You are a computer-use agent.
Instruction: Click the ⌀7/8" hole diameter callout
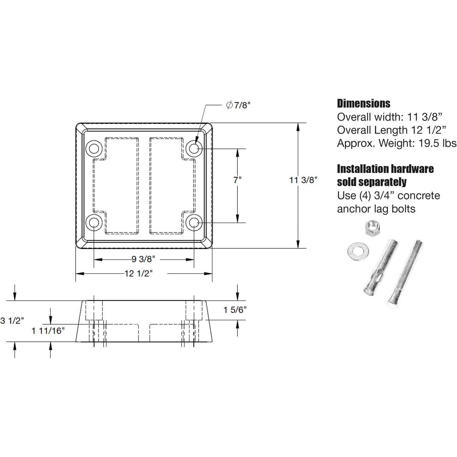tap(238, 105)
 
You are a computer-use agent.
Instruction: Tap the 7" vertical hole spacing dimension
tap(237, 180)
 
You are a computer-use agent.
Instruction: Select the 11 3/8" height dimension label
tap(303, 180)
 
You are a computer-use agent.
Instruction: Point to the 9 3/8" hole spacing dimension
tap(143, 259)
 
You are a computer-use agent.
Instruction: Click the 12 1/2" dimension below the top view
tap(138, 273)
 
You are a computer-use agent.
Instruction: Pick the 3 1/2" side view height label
tap(12, 321)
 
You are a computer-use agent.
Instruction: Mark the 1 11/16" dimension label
tap(48, 331)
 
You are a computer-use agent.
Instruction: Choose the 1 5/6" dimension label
tap(235, 310)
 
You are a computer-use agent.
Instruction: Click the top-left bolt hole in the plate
tap(94, 149)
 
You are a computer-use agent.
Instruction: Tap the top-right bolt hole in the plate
tap(194, 149)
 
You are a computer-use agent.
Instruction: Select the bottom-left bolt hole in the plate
tap(94, 223)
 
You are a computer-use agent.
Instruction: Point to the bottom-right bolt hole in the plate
tap(194, 223)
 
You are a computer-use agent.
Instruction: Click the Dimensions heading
tap(363, 104)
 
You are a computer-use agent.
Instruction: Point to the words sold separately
tap(371, 182)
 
